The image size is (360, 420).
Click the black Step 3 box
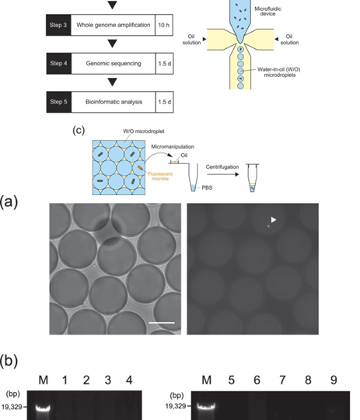click(58, 25)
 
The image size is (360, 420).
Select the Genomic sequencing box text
click(114, 64)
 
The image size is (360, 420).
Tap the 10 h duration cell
click(164, 25)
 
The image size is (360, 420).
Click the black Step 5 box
click(58, 102)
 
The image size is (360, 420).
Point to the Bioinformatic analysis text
click(114, 102)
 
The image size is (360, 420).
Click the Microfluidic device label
click(267, 11)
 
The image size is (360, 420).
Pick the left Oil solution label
click(191, 40)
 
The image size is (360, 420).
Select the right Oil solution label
click(289, 40)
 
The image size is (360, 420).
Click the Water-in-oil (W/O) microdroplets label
click(278, 72)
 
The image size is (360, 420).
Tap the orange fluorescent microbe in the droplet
click(141, 168)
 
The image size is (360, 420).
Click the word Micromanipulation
click(173, 147)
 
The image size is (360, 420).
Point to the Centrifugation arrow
click(222, 174)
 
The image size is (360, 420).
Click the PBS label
click(207, 187)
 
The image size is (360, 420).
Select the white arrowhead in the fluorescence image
click(273, 219)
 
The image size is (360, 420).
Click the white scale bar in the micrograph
click(162, 323)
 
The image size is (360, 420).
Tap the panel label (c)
click(79, 130)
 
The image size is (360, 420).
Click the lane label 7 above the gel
click(282, 380)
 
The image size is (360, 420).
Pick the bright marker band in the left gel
click(43, 409)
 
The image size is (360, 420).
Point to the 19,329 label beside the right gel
click(176, 406)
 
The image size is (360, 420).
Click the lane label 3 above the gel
click(107, 380)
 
